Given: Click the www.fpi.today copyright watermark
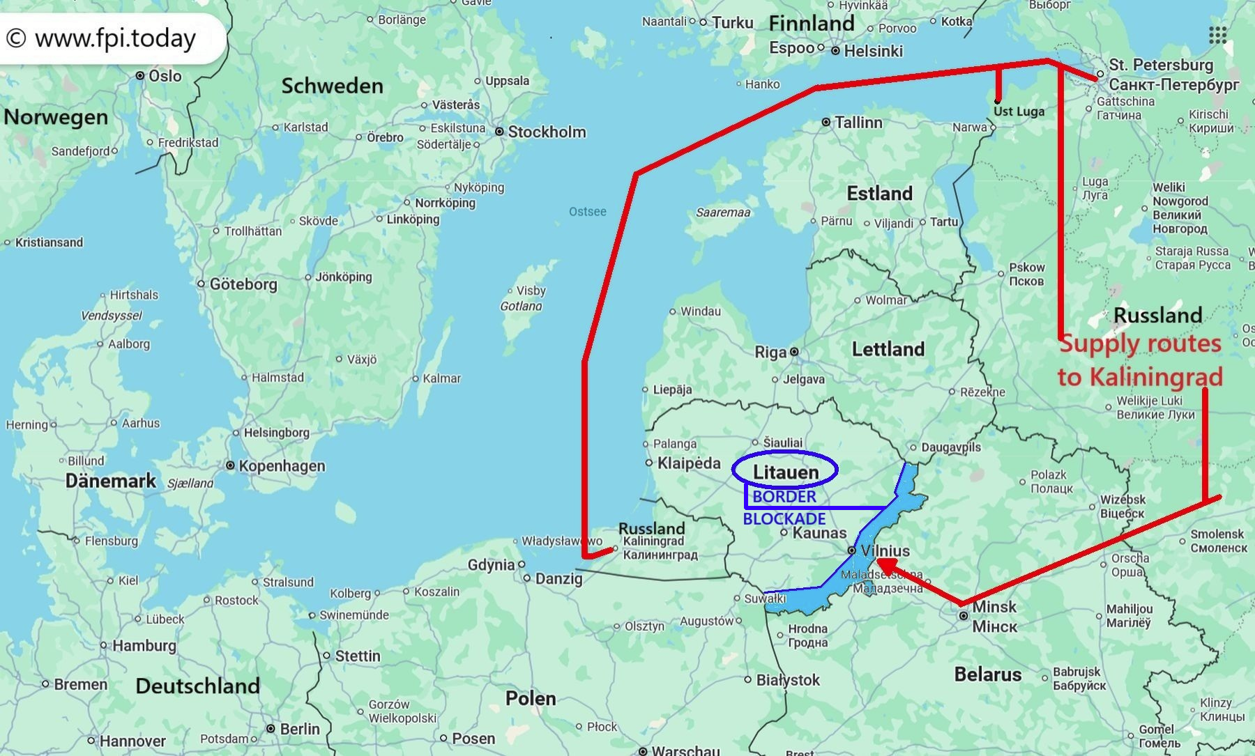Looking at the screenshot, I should (105, 38).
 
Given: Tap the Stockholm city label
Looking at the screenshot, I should (547, 132).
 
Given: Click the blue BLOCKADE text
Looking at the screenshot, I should (784, 519).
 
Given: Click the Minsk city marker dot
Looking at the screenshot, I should (963, 616).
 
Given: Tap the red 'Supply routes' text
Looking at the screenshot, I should (1140, 344).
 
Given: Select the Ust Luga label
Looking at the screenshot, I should (1019, 111).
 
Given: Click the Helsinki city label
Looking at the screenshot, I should (873, 51).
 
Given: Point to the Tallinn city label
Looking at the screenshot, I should (858, 123).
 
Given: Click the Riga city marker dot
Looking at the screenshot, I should (794, 352).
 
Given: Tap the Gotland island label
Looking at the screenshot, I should (521, 306).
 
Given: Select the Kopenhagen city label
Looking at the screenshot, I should (282, 465).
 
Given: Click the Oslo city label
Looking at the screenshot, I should (165, 75).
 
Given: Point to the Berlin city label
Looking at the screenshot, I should (299, 729).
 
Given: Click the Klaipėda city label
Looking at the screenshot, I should (688, 463).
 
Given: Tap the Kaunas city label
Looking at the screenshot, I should (819, 533).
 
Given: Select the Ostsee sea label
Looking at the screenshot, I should (587, 212).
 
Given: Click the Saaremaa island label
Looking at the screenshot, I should (723, 213).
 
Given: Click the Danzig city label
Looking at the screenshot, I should (558, 578).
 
